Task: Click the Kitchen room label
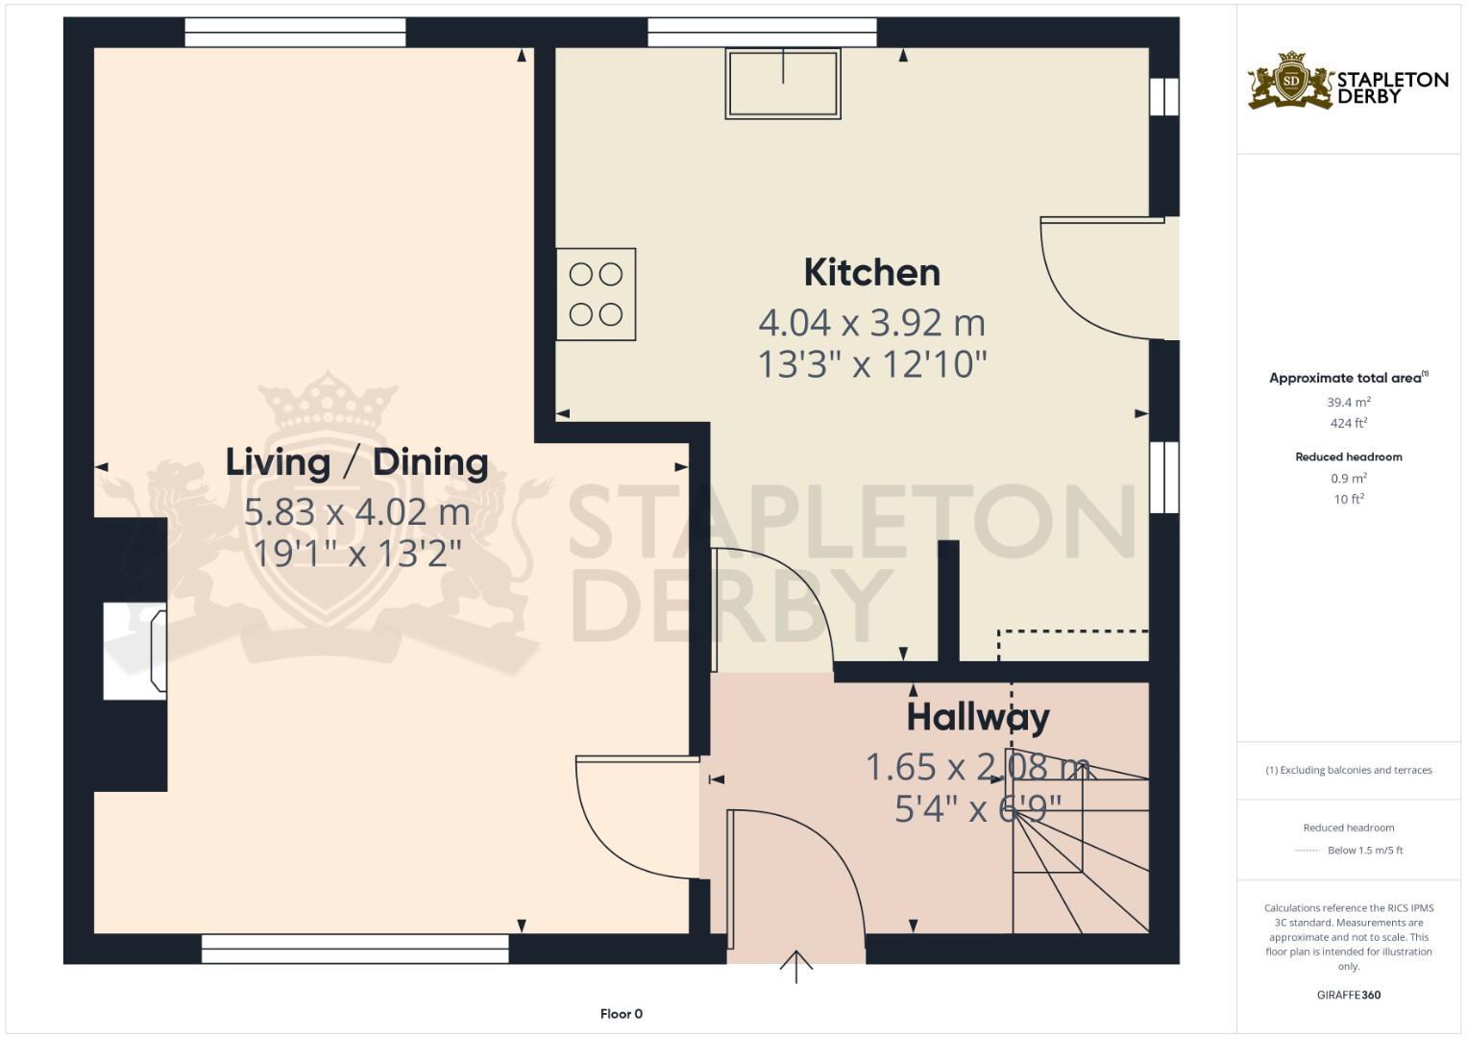[871, 273]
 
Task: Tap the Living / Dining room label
[356, 462]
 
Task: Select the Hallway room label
[978, 717]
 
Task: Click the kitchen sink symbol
[783, 84]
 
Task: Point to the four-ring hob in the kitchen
[596, 294]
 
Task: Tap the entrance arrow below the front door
[796, 967]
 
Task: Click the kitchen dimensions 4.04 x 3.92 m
[871, 323]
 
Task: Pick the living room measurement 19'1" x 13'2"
[356, 554]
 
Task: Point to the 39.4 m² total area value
[1349, 403]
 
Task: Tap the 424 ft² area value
[1349, 423]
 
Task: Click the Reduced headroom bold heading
[1349, 457]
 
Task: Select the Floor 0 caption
[621, 1014]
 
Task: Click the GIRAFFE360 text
[1349, 995]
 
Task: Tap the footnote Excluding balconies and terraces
[1349, 770]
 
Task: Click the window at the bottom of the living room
[355, 949]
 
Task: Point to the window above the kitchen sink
[762, 33]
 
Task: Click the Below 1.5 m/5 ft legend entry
[1364, 851]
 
